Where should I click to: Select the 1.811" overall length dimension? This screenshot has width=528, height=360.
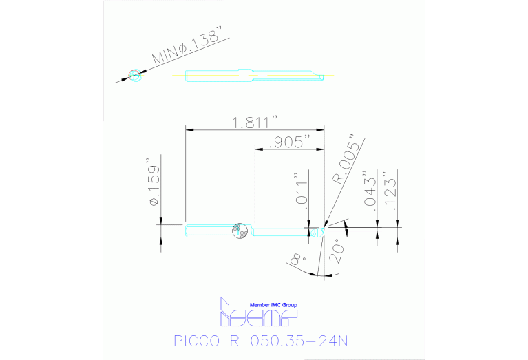coord(255,123)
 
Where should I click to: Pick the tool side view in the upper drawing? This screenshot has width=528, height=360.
coord(255,74)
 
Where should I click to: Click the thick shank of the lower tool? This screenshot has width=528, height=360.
coord(210,231)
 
